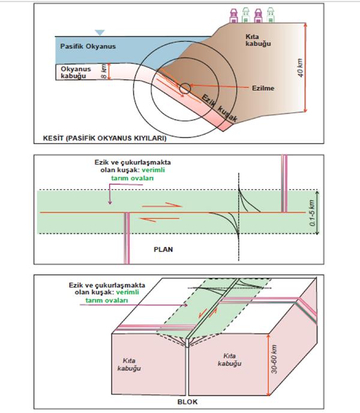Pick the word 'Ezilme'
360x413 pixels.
click(x=263, y=88)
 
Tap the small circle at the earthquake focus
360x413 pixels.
click(x=185, y=88)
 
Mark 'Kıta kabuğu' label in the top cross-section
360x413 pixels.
click(x=263, y=40)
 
